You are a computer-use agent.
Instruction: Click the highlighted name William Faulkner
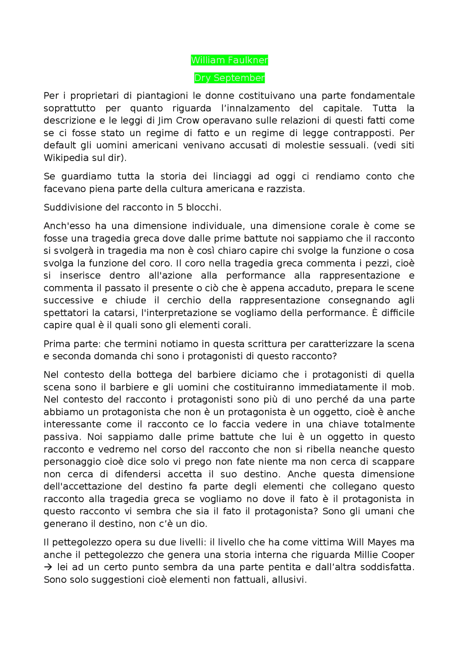click(x=229, y=60)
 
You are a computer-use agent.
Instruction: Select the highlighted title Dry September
click(x=229, y=78)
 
